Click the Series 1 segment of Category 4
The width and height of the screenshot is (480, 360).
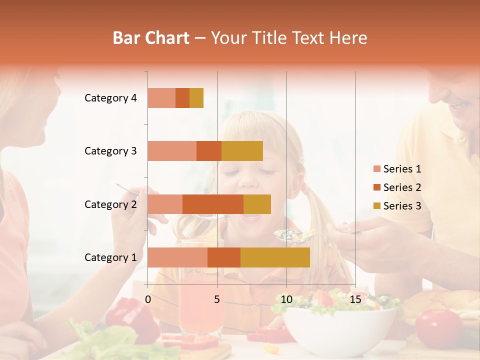click(x=161, y=98)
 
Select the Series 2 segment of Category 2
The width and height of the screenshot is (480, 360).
click(x=212, y=204)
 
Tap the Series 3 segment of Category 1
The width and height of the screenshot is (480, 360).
click(x=275, y=257)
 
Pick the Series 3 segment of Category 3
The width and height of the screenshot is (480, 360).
click(x=242, y=151)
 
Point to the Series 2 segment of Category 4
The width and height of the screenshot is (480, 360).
click(x=182, y=98)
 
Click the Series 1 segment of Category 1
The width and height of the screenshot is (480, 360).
click(x=177, y=257)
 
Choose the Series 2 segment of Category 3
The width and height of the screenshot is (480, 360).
click(x=209, y=151)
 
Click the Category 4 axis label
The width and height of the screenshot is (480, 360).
click(x=110, y=98)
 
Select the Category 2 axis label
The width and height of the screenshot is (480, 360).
click(x=110, y=204)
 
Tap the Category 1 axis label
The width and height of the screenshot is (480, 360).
click(x=110, y=257)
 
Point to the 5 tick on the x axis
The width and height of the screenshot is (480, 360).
click(x=217, y=299)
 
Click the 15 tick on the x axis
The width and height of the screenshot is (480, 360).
click(x=355, y=299)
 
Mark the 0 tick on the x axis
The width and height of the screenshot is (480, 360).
click(x=148, y=299)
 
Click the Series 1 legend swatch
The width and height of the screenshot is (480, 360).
click(x=376, y=169)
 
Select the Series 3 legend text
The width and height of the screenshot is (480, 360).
click(x=402, y=206)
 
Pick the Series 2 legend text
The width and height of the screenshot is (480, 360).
click(x=402, y=187)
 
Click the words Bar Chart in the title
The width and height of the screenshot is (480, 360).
click(x=151, y=37)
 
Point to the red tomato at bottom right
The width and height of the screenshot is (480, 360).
click(x=439, y=327)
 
